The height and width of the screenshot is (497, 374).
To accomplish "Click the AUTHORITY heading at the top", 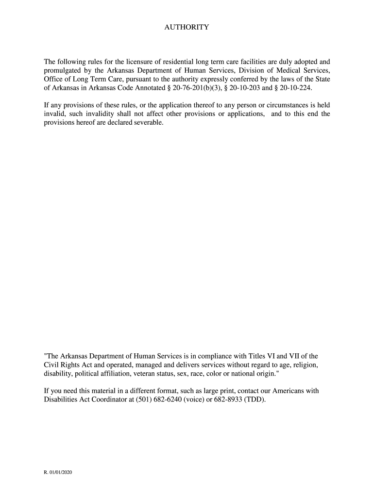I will [187, 27].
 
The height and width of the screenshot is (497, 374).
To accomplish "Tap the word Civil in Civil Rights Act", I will [51, 365].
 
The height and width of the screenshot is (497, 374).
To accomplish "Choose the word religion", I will [306, 365].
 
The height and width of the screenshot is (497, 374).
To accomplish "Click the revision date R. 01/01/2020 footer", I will [58, 472].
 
